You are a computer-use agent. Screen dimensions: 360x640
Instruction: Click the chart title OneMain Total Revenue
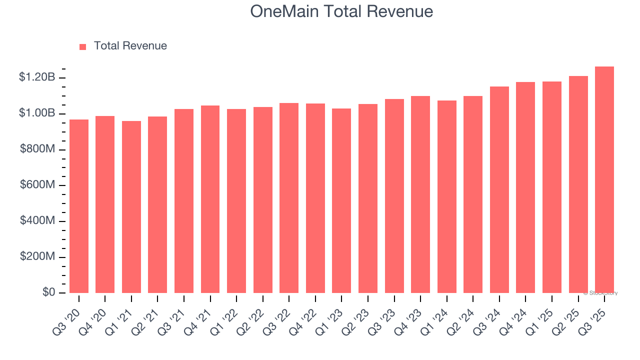point(341,11)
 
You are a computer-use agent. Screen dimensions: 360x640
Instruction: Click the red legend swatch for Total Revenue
point(83,46)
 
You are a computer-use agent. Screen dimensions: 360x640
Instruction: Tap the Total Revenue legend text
point(130,46)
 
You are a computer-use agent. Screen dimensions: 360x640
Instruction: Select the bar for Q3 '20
point(79,206)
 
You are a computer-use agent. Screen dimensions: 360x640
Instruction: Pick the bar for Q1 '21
point(131,207)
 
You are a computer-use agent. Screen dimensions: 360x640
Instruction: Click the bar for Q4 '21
point(210,199)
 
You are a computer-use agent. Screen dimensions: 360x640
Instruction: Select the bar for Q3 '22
point(289,198)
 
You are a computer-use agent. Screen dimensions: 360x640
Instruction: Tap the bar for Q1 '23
point(341,200)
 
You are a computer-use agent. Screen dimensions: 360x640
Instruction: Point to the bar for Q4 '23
point(420,194)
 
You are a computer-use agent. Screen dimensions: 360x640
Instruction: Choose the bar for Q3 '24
point(499,190)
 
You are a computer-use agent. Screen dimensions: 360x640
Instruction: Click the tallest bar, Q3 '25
point(604,180)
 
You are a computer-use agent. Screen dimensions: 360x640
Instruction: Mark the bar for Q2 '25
point(578,184)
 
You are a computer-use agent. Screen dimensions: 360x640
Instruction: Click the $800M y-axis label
point(37,149)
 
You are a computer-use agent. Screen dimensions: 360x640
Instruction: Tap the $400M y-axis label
point(37,221)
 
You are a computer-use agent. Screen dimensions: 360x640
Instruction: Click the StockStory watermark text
point(600,293)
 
